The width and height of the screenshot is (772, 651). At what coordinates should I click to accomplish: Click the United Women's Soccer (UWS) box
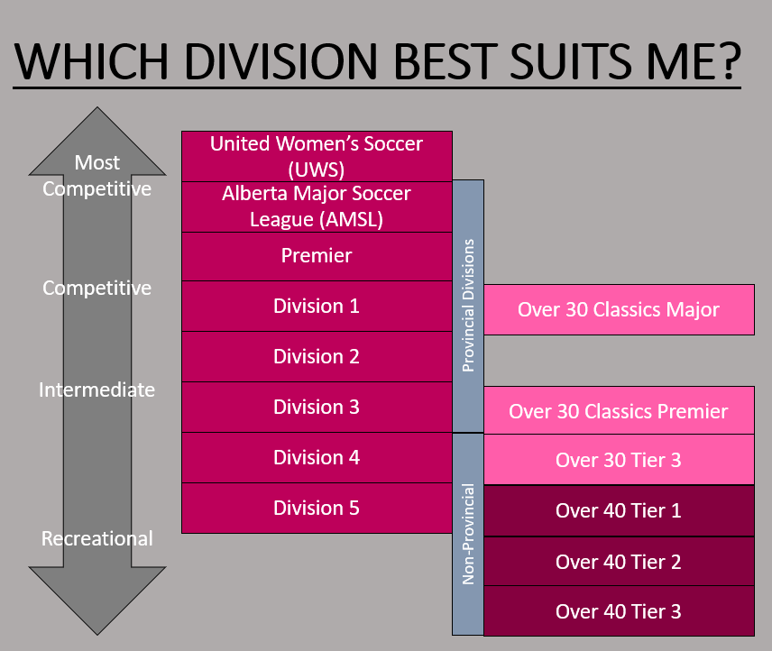click(x=317, y=156)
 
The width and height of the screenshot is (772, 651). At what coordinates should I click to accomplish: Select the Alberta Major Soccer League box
click(x=317, y=206)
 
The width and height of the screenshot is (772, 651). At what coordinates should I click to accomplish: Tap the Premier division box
click(x=317, y=256)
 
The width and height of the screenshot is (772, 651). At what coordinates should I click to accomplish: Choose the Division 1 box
click(x=317, y=306)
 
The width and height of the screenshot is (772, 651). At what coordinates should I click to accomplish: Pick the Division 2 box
click(x=317, y=357)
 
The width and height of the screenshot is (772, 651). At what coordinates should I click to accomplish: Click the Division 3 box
click(x=317, y=408)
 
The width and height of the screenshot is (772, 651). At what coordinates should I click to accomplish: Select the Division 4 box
click(x=317, y=458)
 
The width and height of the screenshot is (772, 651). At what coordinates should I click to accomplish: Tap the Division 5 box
click(x=317, y=509)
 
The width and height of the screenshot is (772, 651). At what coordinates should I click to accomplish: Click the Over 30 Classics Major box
click(x=619, y=309)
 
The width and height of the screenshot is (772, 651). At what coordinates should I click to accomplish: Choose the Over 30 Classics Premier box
click(x=619, y=410)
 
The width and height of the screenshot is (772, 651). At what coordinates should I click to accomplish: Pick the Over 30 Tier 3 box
click(x=619, y=460)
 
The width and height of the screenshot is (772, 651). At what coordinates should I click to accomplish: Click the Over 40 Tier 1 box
click(x=619, y=510)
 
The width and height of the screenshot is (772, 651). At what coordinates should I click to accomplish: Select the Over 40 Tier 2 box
click(x=619, y=562)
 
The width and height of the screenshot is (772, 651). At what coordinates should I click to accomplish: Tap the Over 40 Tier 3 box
click(x=619, y=611)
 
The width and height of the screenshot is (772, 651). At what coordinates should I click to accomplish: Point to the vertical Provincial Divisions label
click(x=468, y=306)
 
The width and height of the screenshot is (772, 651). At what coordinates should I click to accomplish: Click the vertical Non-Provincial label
click(x=468, y=534)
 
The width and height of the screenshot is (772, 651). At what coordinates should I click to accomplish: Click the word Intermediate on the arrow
click(x=97, y=390)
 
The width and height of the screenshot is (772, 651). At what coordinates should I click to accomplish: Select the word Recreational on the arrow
click(x=97, y=538)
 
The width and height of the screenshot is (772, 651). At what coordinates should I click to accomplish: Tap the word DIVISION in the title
click(x=281, y=61)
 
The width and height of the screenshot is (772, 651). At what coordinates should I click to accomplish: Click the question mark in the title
click(x=726, y=60)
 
